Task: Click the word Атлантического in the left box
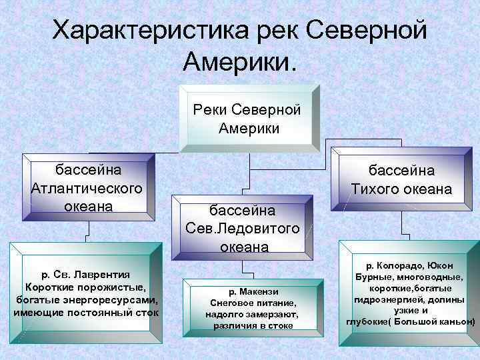click(87, 187)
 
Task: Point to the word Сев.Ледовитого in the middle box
click(243, 229)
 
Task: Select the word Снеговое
click(229, 302)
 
